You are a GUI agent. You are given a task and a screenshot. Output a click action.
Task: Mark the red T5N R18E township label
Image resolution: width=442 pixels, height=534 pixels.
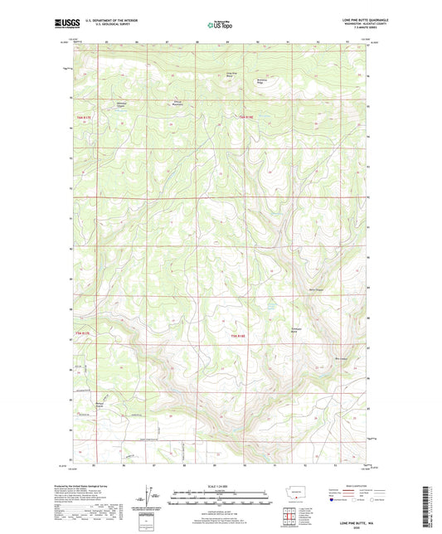(237, 336)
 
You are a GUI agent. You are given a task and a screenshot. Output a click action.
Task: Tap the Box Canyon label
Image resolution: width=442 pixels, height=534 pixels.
(339, 358)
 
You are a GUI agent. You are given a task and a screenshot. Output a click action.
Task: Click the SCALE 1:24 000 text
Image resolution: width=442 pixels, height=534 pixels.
(220, 487)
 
